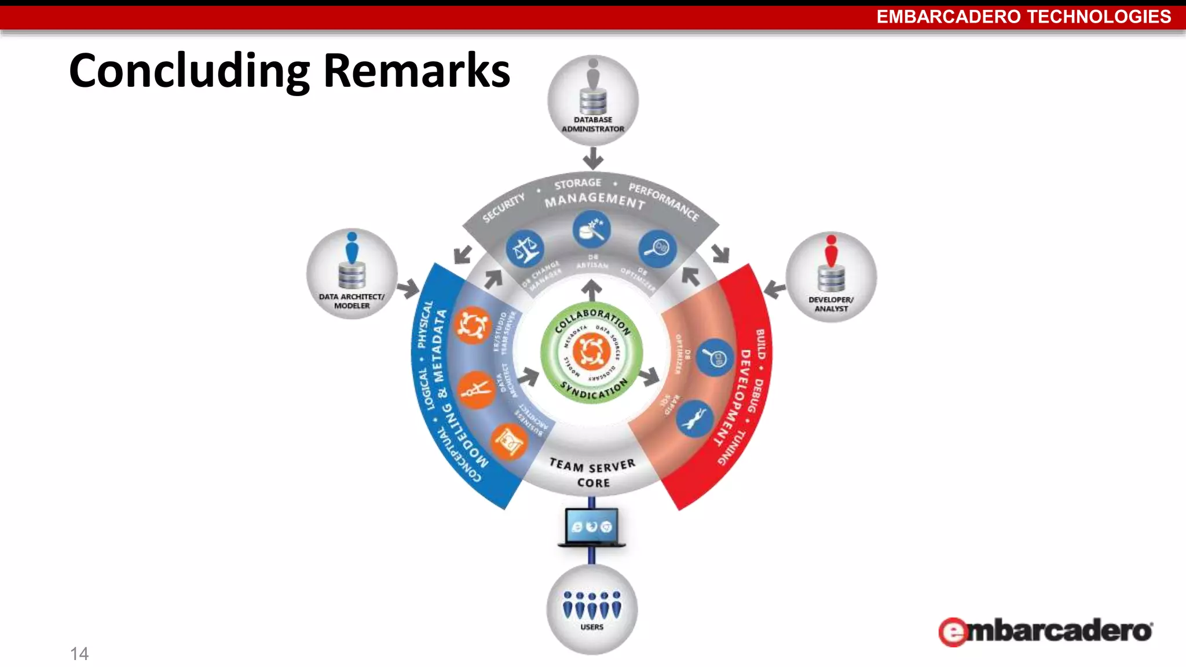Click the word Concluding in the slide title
189,71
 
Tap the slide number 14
79,654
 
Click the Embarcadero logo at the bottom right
1045,631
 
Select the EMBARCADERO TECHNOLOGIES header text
1023,17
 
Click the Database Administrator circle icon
593,100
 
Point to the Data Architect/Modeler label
352,301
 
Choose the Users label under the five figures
592,627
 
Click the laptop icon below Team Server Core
591,527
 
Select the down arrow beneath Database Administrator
593,157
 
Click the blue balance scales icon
525,250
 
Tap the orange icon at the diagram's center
591,351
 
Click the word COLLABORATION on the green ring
592,319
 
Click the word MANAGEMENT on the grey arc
595,200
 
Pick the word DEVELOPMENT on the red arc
734,397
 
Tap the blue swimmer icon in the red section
694,419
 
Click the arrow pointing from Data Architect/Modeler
409,288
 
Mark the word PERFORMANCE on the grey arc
664,201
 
